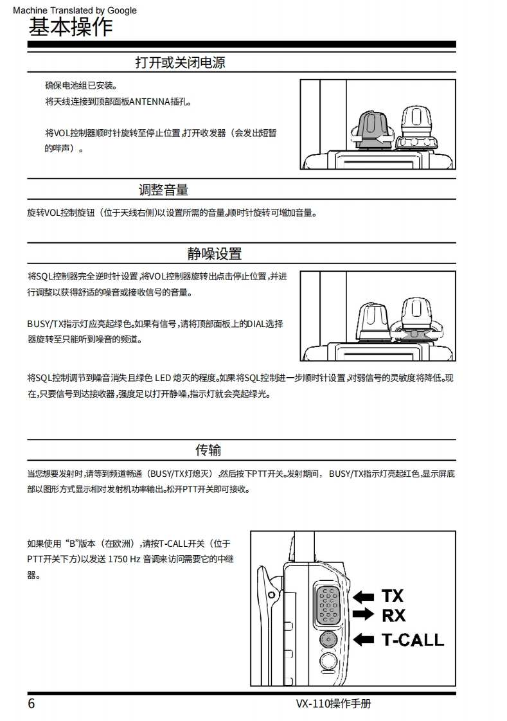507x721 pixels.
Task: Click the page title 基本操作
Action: pos(70,27)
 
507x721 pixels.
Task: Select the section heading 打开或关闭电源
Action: pos(180,62)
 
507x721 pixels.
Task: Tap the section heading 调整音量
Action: pos(164,190)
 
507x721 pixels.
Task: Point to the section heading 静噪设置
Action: pos(214,254)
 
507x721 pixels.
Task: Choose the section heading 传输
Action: pos(208,450)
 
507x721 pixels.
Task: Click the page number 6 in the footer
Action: pos(31,704)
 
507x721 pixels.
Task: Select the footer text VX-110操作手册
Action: pos(334,704)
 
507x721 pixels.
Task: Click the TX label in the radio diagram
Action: pos(392,596)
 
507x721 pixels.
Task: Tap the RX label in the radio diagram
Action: pos(393,615)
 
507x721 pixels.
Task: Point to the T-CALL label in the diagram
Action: pos(413,639)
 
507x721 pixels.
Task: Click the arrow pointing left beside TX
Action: pos(364,597)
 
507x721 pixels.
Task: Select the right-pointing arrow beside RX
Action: pos(363,614)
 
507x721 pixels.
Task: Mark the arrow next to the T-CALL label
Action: pos(364,639)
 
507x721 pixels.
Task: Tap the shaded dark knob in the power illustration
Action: pos(371,130)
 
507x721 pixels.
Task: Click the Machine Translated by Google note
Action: pos(75,10)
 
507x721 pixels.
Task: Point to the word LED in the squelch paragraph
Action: pos(163,378)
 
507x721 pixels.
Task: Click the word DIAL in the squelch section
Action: pos(256,324)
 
